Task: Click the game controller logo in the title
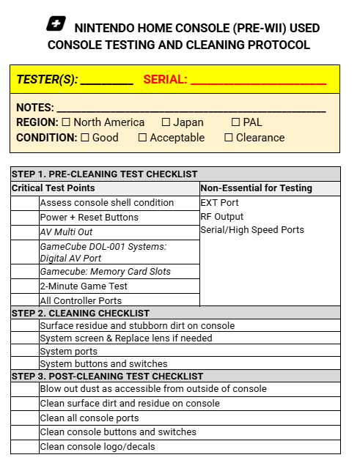tap(56, 24)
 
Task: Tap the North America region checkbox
tap(66, 122)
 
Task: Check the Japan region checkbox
tap(166, 122)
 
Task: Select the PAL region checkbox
tap(235, 122)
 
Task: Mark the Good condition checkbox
tap(84, 138)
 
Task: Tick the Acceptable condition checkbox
tap(142, 138)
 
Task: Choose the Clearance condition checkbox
tap(228, 138)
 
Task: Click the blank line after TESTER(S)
tap(106, 81)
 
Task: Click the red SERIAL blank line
tap(258, 81)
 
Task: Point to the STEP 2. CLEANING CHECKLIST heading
tap(81, 313)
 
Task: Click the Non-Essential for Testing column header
tap(256, 188)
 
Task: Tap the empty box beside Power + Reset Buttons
tap(25, 218)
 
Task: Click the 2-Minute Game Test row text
tap(84, 286)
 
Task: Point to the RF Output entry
tap(223, 217)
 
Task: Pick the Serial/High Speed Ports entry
tap(241, 230)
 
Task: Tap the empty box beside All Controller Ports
tap(25, 300)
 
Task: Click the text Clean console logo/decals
tap(98, 447)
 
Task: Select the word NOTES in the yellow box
tap(34, 108)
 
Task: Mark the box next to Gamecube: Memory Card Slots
tap(25, 272)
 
